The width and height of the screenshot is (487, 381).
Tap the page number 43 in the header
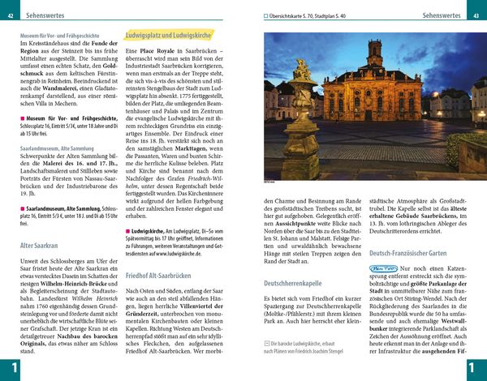(x=476, y=15)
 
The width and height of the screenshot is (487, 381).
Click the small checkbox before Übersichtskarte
(x=265, y=15)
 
